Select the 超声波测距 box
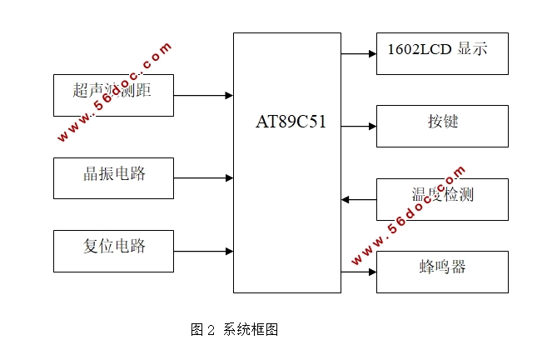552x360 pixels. (113, 95)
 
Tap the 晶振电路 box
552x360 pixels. (113, 177)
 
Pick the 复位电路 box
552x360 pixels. (113, 251)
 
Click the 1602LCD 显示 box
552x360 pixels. (441, 53)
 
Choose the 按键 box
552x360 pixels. (441, 126)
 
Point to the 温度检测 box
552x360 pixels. (441, 199)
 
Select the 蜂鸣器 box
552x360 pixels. (441, 272)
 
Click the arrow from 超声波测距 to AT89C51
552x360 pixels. (203, 96)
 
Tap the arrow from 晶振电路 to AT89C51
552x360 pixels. (203, 177)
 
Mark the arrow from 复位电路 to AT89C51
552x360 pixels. (203, 251)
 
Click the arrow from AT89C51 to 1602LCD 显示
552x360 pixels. (359, 54)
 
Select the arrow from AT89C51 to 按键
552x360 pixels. (359, 127)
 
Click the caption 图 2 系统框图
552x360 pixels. (234, 330)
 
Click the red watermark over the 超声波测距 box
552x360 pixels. (116, 92)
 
